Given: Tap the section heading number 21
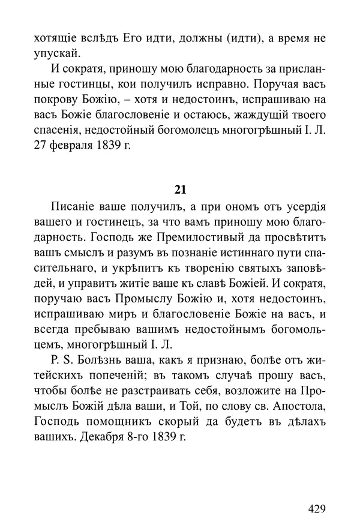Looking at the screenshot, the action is [x=179, y=190].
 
